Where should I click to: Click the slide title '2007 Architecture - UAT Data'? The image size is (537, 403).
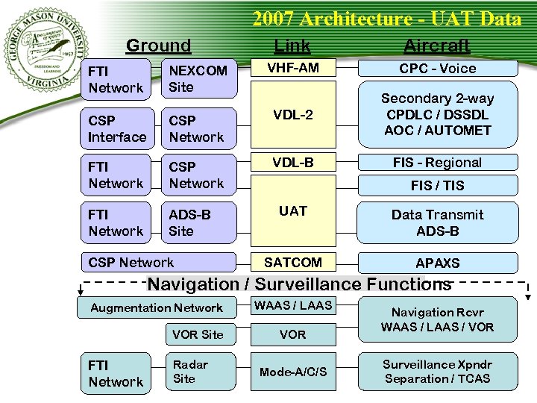pos(386,19)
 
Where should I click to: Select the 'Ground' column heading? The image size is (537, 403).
pos(158,46)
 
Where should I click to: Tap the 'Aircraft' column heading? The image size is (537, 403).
pos(436,46)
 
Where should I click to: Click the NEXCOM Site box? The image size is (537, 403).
pos(199,78)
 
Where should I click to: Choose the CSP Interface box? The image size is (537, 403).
pos(117,129)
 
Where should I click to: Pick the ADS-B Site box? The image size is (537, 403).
pos(199,222)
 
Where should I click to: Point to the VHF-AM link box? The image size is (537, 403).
pos(292,68)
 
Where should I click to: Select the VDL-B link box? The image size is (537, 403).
pos(292,162)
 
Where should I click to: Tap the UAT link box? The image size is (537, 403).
pos(292,211)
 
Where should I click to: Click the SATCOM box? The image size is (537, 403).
pos(292,263)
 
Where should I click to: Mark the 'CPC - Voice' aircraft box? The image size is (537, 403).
pos(437,69)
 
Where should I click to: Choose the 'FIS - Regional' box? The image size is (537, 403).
pos(437,163)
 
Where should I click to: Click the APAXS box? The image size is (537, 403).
pos(437,263)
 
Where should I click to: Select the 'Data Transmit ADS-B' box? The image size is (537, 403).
pos(437,222)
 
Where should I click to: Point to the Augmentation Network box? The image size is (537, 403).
pos(157,307)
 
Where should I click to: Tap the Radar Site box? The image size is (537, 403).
pos(199,372)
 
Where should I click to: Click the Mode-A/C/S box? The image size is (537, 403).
pos(292,372)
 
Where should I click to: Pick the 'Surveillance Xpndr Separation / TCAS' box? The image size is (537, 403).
pos(437,372)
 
